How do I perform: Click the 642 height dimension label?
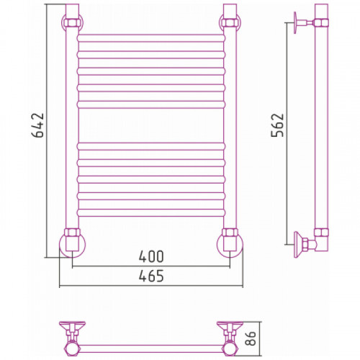(38, 125)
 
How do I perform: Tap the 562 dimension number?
(277, 125)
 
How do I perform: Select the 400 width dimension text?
(151, 256)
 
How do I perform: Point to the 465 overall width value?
(151, 276)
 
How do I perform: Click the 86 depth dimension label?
(251, 338)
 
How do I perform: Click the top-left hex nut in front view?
(72, 22)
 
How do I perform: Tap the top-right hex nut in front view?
(230, 22)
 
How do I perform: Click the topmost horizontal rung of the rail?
(151, 38)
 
